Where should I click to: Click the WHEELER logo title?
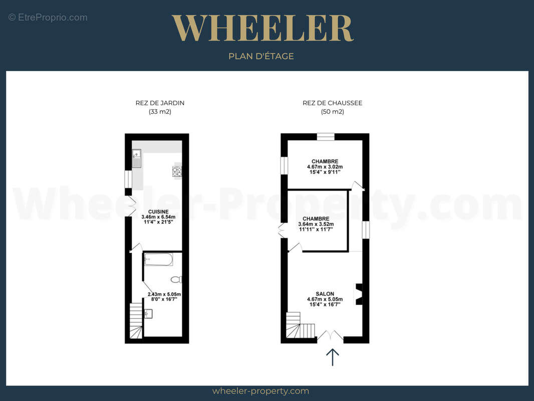262,28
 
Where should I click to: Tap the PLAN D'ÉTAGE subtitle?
261,56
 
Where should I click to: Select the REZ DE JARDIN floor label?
160,103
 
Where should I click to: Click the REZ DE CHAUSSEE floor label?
333,103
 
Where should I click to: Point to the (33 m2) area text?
160,111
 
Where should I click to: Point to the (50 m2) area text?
333,111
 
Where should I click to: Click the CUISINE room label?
158,212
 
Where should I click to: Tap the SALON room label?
325,294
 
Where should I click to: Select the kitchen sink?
137,159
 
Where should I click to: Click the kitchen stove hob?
177,171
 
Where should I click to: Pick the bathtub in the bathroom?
158,259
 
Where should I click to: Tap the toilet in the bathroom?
176,280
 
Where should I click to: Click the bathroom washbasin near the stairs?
148,313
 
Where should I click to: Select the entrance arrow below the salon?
333,357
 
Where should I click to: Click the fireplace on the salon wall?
359,294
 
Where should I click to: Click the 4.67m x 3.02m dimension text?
325,167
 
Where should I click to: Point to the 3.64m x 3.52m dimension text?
316,224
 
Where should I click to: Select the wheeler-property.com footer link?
261,391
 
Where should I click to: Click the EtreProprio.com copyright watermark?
48,18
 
